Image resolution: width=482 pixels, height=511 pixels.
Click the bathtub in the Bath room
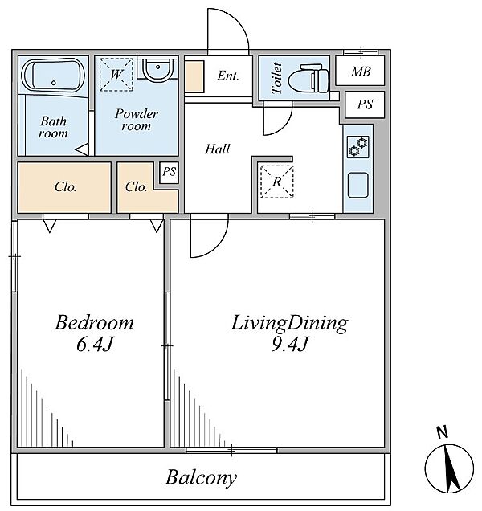point(53,75)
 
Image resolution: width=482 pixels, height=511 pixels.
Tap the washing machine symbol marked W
point(116,74)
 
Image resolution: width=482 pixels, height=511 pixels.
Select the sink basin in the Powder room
point(157,69)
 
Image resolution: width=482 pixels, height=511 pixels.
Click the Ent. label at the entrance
point(228,76)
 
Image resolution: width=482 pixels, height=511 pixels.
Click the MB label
point(361,72)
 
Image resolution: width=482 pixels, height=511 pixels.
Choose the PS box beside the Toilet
point(365,104)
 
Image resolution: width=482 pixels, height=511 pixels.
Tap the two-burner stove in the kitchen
point(357,147)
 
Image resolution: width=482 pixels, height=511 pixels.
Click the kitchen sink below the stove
point(357,185)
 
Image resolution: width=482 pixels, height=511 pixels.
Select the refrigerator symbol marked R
point(276,182)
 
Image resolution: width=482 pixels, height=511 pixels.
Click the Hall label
point(218,149)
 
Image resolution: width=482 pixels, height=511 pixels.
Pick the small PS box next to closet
point(170,172)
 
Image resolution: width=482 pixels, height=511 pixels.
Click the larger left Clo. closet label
point(66,186)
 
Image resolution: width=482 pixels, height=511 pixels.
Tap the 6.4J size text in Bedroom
point(95,344)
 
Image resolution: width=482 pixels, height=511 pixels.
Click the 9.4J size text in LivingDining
point(289,344)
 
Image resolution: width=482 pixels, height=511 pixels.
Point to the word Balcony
point(201,478)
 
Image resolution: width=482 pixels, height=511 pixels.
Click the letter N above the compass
point(442,433)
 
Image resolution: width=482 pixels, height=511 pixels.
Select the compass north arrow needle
point(451,468)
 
